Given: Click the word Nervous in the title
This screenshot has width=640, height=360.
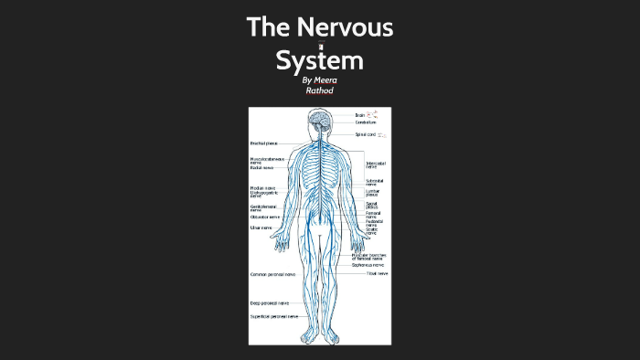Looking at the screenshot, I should coord(347,27).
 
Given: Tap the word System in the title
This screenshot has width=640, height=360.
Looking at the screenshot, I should coord(320,60).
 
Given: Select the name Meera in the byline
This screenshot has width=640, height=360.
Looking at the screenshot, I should coord(325,80).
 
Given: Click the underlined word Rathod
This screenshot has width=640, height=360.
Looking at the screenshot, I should coord(320,90).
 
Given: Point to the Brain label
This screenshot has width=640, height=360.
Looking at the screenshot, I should coord(360,115).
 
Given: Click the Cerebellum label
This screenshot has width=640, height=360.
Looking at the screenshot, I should coord(366,122).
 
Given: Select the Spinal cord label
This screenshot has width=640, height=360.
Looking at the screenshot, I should coord(365,134).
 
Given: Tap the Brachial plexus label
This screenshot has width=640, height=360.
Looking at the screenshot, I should coord(264,143).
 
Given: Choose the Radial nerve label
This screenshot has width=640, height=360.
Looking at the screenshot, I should coord(262,168).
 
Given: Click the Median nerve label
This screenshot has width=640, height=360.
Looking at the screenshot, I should coord(262,188).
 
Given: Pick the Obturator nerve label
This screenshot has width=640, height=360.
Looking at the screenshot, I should coord(265,217).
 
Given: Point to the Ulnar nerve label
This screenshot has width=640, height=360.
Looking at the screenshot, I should coord(261,228).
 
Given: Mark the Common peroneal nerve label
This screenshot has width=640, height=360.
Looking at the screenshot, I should coord(272,274).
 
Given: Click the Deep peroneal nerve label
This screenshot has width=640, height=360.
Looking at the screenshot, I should coord(269,302).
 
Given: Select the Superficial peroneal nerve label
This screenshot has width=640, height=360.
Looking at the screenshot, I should coord(274,316).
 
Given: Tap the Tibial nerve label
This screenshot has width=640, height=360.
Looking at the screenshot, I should coord(377,273).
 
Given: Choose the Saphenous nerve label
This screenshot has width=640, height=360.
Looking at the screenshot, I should coord(370,265).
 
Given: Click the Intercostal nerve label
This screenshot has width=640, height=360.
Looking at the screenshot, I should coord(376,165).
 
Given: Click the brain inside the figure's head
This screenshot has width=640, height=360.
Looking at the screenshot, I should coord(319,119).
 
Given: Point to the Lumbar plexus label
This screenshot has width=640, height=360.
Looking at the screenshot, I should coord(372,193).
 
